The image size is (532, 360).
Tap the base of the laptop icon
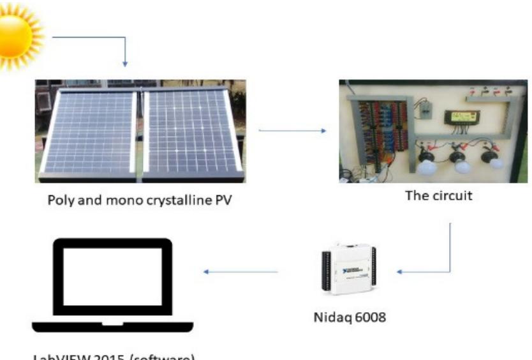coord(112,326)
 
